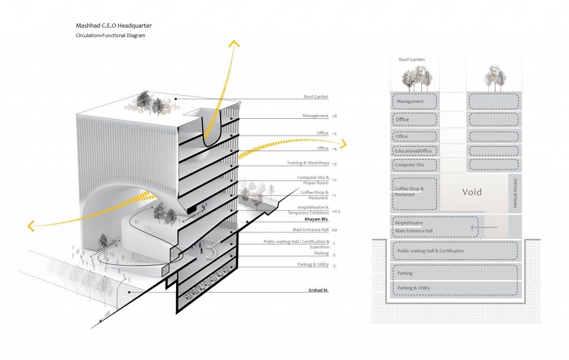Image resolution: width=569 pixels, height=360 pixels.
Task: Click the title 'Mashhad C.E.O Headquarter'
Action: click(113, 26)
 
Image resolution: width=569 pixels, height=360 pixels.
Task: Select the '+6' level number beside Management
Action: click(335, 116)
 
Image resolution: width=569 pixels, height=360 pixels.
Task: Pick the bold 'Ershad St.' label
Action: click(318, 290)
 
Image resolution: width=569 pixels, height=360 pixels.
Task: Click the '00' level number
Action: click(335, 230)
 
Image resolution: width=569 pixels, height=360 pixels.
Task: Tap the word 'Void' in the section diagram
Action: click(471, 192)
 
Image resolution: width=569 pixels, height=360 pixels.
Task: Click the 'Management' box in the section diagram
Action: click(415, 102)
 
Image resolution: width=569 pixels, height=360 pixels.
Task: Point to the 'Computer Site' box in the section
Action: click(415, 165)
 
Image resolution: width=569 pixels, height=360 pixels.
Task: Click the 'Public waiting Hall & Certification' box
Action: click(455, 251)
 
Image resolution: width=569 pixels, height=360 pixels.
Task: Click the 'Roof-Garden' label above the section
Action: click(412, 59)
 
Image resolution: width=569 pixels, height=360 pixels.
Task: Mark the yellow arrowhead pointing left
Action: click(32, 226)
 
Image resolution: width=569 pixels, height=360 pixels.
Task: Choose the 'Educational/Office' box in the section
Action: click(415, 151)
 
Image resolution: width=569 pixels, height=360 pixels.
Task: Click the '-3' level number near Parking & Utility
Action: click(335, 266)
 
